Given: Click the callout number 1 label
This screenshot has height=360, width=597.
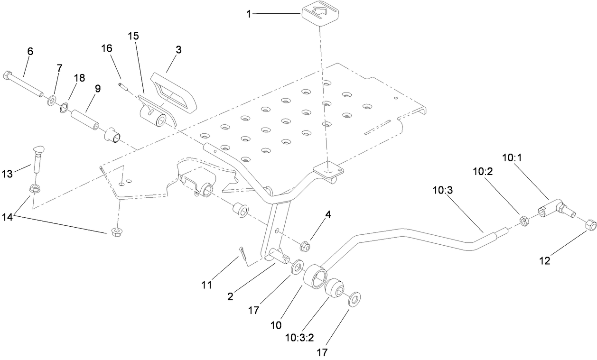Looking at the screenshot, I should click(x=248, y=14).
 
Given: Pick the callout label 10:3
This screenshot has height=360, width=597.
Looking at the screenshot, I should click(x=442, y=190).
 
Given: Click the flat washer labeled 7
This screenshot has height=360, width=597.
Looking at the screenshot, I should click(x=51, y=101).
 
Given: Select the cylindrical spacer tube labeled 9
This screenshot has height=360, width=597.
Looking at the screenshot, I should click(x=84, y=119).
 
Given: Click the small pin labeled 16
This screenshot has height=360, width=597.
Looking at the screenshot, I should click(x=122, y=87).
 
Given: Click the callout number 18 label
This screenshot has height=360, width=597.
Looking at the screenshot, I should click(x=79, y=78).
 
